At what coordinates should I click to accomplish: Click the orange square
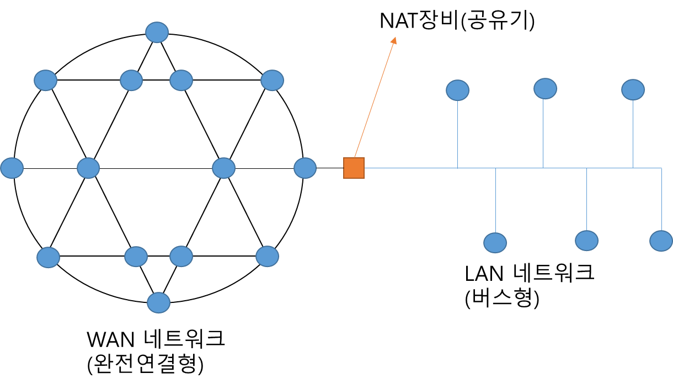coord(354,168)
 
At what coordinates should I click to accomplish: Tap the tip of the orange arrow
coord(396,37)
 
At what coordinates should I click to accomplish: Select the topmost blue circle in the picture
coord(157,33)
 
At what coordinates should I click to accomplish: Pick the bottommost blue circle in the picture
coord(158,302)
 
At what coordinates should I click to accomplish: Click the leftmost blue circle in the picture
coord(12,168)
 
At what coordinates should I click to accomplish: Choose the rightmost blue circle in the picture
coord(661,241)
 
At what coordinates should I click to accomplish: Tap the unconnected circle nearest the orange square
coord(305,168)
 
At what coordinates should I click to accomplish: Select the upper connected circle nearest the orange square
coord(457,90)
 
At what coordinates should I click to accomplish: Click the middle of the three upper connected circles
coord(545,88)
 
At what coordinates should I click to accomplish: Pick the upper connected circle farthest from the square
coord(633,89)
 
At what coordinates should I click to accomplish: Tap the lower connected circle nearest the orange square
coord(495,243)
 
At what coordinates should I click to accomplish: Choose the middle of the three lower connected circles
coord(586,241)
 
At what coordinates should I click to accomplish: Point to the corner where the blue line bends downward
coord(661,168)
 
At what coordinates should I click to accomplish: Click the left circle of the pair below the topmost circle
coord(131,80)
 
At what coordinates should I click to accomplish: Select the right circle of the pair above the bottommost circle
coord(181,256)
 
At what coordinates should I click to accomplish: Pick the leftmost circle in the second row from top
coord(45,80)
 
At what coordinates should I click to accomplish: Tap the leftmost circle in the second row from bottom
coord(48,257)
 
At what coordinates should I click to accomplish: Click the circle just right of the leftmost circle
coord(88,168)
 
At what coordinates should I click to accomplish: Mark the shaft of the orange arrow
coord(375,97)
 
